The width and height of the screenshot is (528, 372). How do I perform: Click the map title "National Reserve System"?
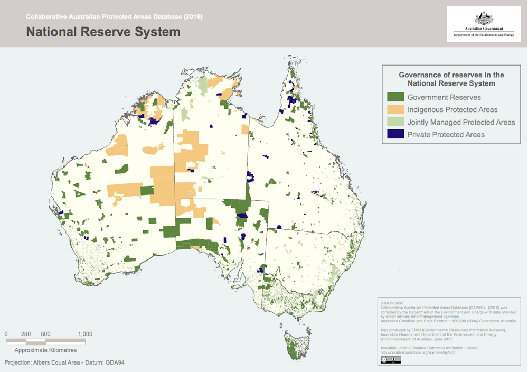103,32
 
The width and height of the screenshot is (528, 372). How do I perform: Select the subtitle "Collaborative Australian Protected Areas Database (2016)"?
114,17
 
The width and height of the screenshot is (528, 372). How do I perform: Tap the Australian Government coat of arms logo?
484,18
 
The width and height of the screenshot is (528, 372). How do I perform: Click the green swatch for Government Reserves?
395,97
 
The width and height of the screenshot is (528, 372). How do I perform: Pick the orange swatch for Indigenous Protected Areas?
395,109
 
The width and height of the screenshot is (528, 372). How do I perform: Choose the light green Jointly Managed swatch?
395,122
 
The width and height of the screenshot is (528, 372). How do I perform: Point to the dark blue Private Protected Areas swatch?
395,135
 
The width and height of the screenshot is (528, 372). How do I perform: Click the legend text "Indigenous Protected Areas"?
452,109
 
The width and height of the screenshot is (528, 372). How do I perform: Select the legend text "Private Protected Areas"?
446,135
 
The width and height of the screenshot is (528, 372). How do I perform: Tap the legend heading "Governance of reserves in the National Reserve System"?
451,79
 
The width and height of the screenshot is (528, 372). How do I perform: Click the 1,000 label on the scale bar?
85,334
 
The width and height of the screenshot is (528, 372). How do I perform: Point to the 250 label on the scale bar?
26,334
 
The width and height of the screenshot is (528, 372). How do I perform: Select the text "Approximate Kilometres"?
45,350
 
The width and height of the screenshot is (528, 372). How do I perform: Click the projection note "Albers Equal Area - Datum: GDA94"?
64,362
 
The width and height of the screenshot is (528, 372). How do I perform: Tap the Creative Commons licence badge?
390,360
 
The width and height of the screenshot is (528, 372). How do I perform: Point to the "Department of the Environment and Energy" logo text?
484,35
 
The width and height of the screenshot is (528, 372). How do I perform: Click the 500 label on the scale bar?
45,334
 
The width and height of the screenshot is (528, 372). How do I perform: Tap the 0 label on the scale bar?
6,334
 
